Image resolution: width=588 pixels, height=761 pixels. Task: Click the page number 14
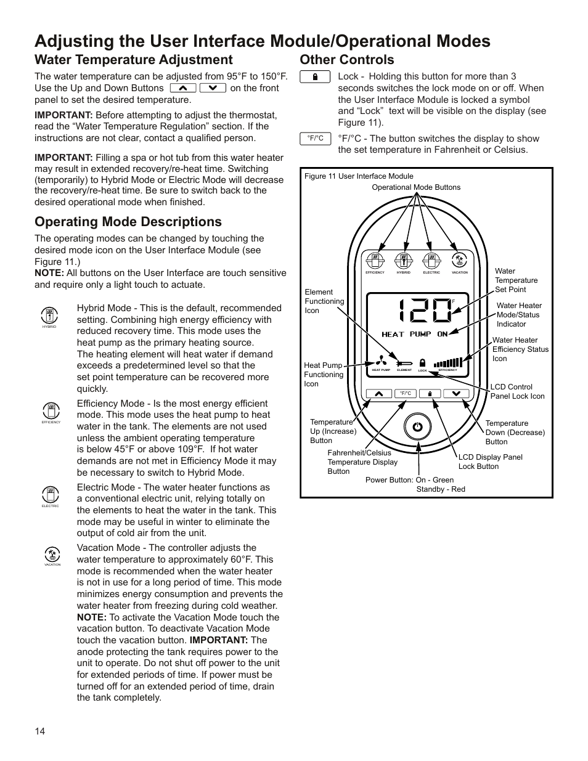click(39, 731)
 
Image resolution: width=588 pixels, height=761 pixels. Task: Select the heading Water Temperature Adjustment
click(134, 60)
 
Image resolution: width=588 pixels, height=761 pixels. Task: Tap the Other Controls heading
click(347, 60)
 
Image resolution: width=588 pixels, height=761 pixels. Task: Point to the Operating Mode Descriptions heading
click(128, 222)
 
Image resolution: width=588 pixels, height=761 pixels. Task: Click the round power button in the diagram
click(418, 426)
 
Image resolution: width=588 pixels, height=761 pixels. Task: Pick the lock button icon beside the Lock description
click(315, 77)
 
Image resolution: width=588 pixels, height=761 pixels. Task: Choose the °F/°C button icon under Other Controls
click(315, 139)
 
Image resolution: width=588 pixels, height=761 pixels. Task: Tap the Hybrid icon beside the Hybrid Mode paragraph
click(49, 315)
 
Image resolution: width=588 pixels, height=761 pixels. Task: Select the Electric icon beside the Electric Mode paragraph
click(51, 494)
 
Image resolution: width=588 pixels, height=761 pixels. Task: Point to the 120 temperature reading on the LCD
click(424, 311)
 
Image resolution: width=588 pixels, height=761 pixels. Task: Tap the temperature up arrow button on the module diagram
click(379, 393)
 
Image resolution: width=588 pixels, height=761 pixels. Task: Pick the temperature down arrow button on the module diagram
click(456, 393)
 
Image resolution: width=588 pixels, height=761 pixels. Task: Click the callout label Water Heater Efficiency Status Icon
click(520, 349)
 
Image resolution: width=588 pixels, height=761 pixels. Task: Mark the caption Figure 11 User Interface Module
click(359, 176)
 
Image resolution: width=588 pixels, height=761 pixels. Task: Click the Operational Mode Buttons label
click(416, 187)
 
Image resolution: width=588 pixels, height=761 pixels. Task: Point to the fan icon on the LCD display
click(381, 362)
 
